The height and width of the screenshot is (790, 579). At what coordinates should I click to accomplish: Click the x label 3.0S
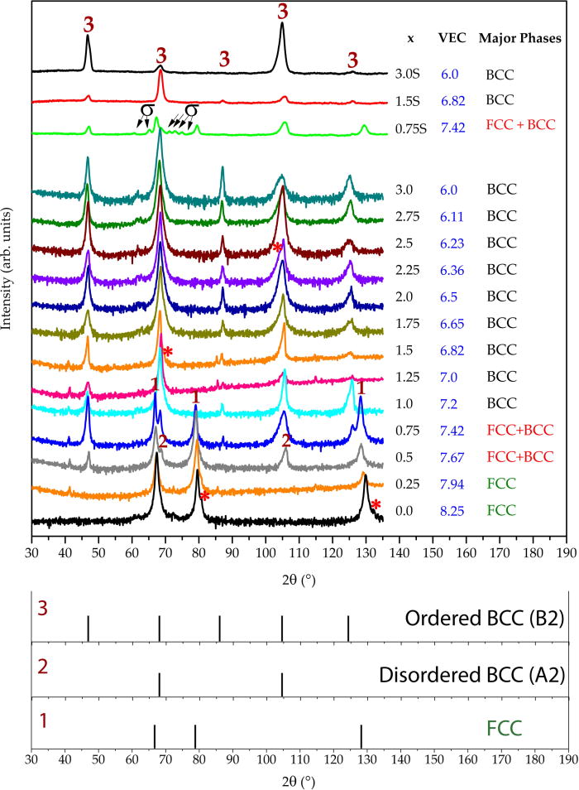coord(412,74)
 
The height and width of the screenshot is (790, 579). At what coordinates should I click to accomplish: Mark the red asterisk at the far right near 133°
coord(376,505)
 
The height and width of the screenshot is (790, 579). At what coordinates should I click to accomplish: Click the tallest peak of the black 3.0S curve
coord(283,24)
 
